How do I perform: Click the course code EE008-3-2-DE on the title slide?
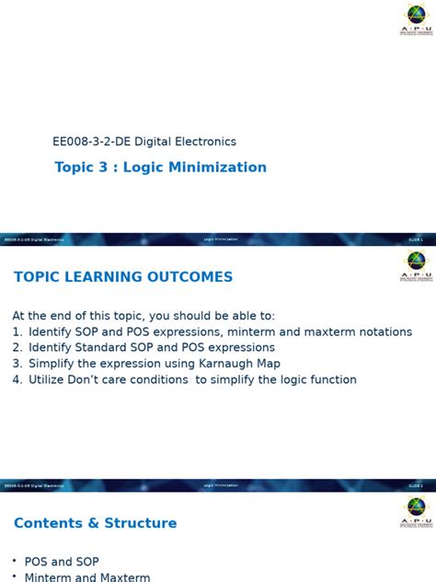tap(91, 142)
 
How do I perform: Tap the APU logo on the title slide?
tap(416, 19)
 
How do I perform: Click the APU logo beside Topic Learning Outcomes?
tap(416, 265)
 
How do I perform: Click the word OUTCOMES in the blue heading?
tap(188, 277)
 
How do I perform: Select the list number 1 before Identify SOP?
tap(17, 332)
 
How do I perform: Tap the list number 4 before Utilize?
tap(17, 379)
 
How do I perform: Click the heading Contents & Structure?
tap(96, 523)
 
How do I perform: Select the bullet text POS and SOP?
tap(62, 562)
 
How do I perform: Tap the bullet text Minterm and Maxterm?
tap(87, 577)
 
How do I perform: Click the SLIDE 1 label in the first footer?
tap(416, 239)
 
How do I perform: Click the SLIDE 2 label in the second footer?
tap(416, 485)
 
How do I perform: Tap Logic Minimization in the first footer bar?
tap(221, 239)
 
